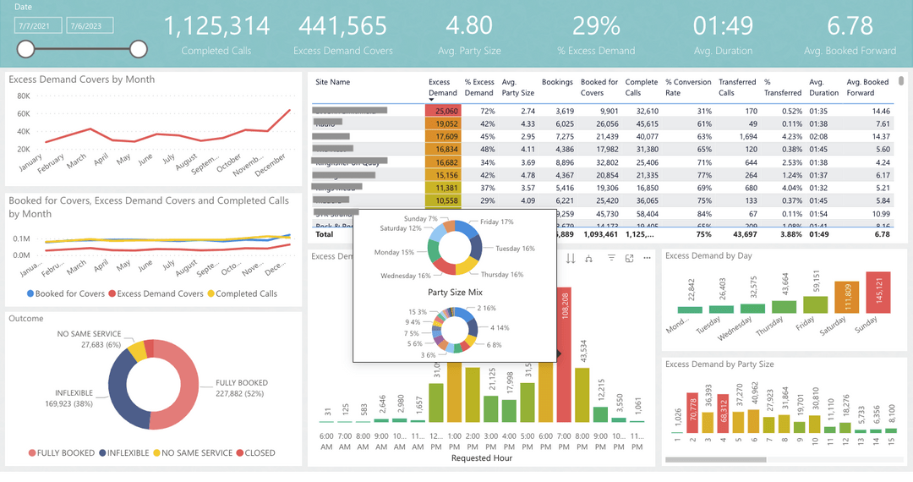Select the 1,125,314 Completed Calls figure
click(216, 25)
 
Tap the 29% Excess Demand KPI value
click(596, 25)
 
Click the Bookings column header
click(557, 82)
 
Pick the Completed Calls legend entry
click(246, 293)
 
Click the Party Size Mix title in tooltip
click(454, 292)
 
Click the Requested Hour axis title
click(482, 458)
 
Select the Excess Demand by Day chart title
click(708, 255)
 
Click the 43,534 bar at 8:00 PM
click(582, 394)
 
